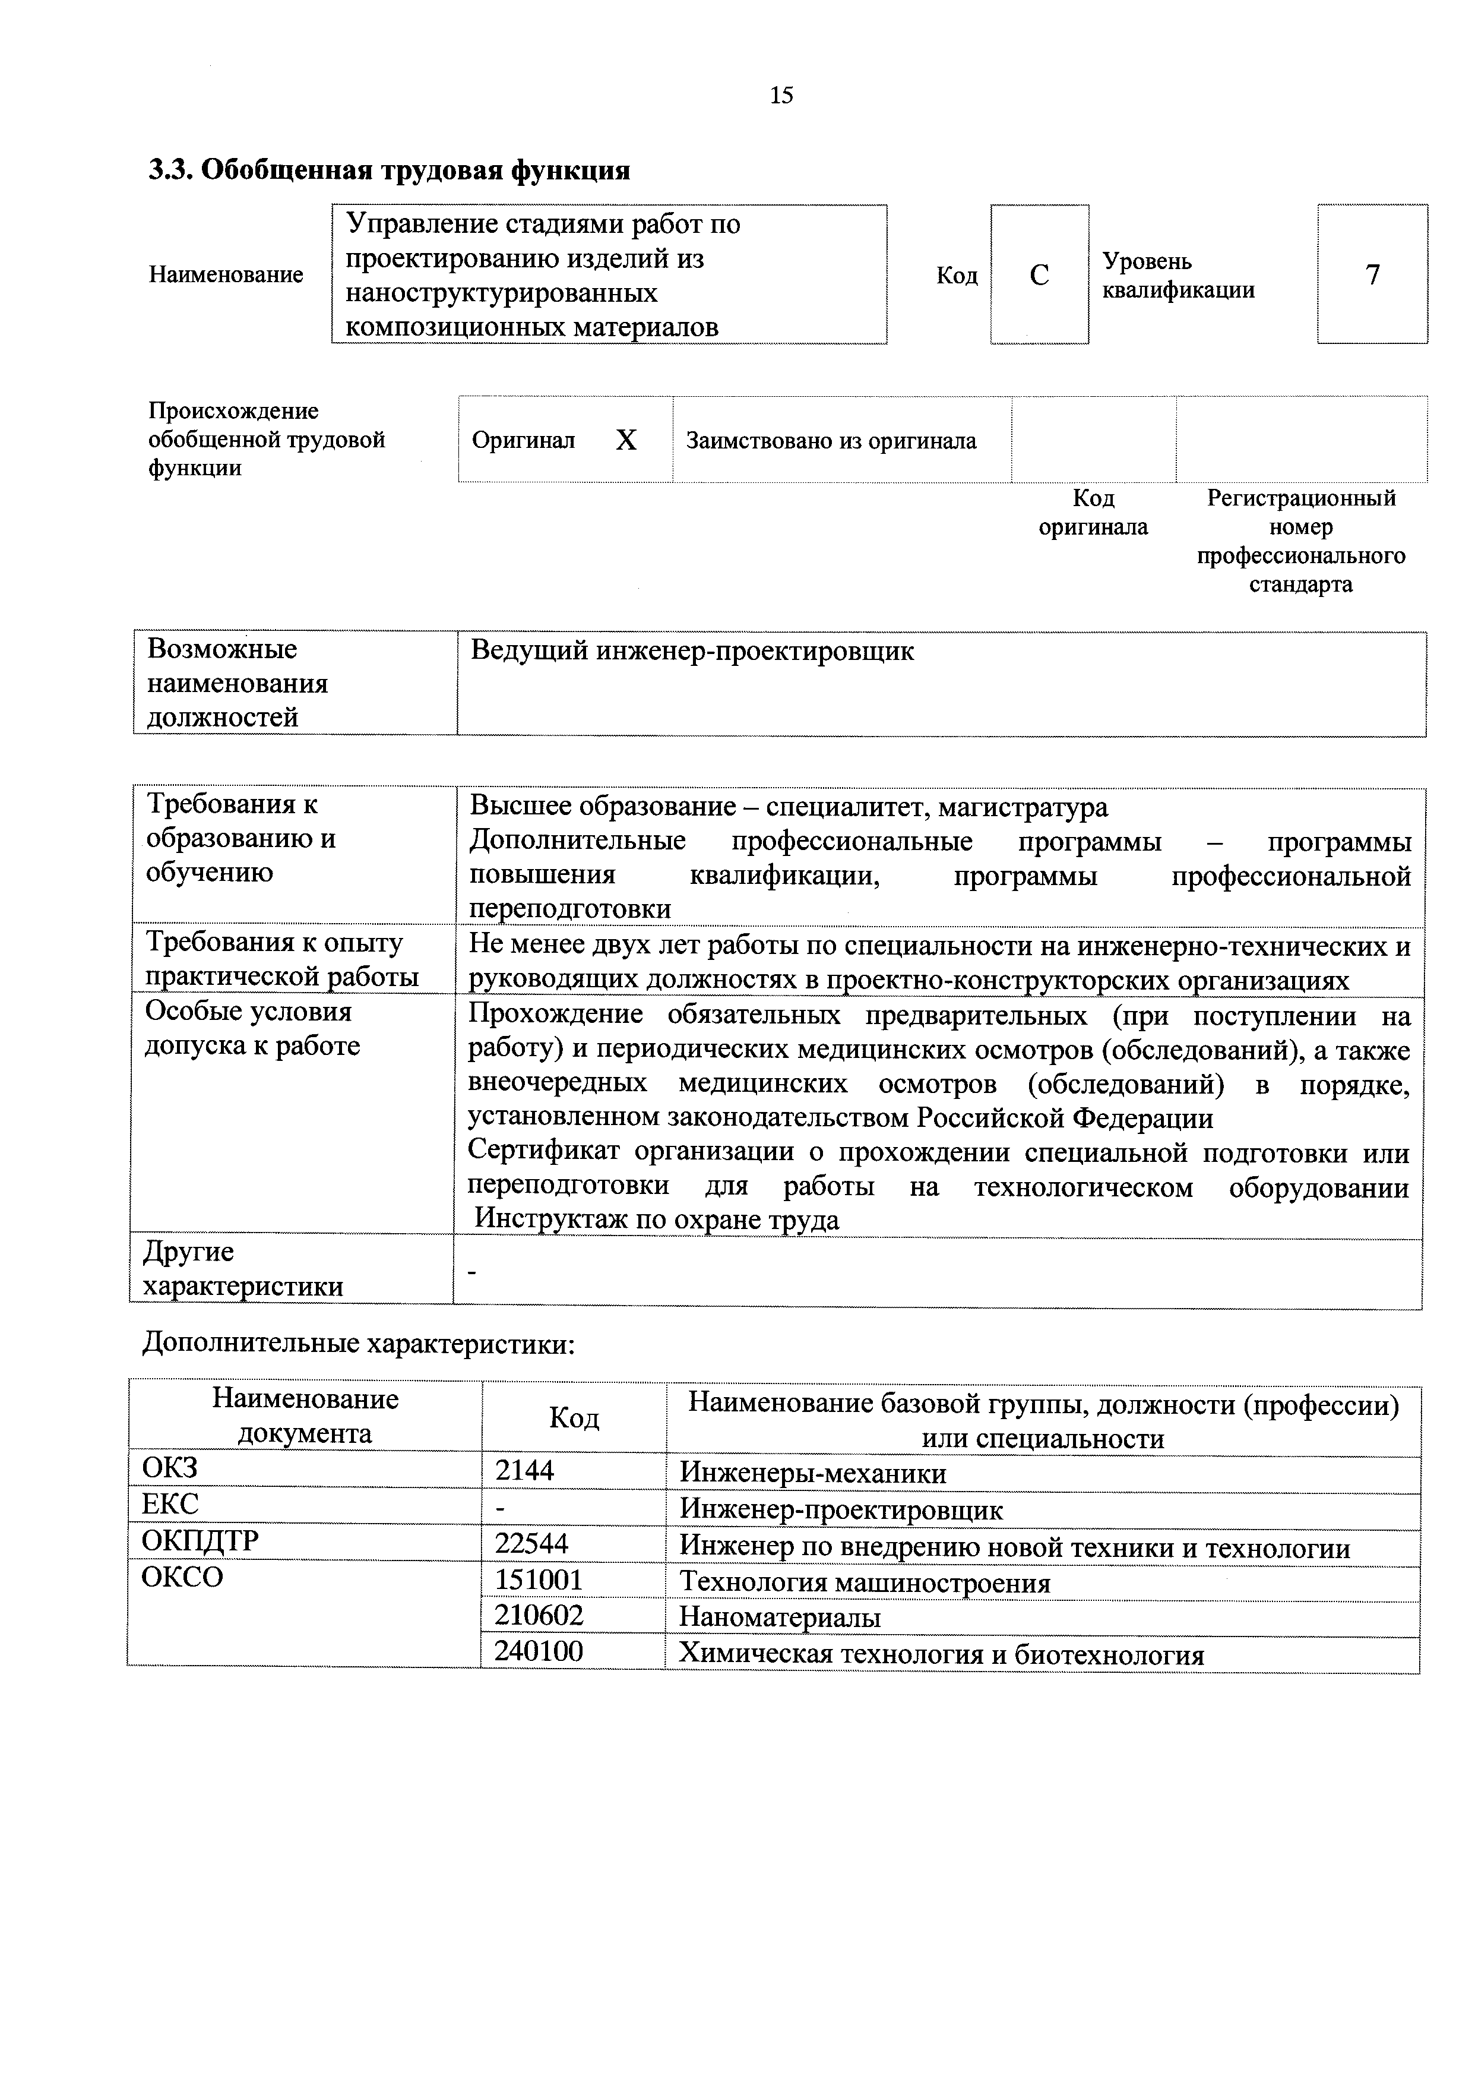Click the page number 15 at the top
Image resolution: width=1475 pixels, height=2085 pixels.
click(x=781, y=96)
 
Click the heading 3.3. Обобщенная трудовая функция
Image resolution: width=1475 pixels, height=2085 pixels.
click(x=389, y=170)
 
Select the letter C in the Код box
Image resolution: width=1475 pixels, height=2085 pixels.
click(x=1039, y=275)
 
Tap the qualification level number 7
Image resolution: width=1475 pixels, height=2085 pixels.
click(x=1372, y=274)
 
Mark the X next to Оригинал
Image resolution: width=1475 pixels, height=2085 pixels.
click(x=626, y=441)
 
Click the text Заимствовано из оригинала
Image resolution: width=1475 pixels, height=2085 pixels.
click(x=831, y=441)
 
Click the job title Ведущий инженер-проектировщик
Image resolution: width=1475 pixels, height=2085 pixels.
click(x=692, y=652)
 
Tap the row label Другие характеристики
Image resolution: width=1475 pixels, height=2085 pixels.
click(x=243, y=1269)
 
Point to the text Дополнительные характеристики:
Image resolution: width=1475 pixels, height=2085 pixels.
click(x=359, y=1342)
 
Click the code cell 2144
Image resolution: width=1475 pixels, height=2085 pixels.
click(x=524, y=1470)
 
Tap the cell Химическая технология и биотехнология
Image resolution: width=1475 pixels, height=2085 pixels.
click(x=942, y=1654)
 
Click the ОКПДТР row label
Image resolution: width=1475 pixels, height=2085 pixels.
click(x=200, y=1541)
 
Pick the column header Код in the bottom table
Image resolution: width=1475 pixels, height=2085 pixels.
click(x=574, y=1418)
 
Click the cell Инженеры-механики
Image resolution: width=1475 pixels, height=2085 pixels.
click(x=813, y=1473)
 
